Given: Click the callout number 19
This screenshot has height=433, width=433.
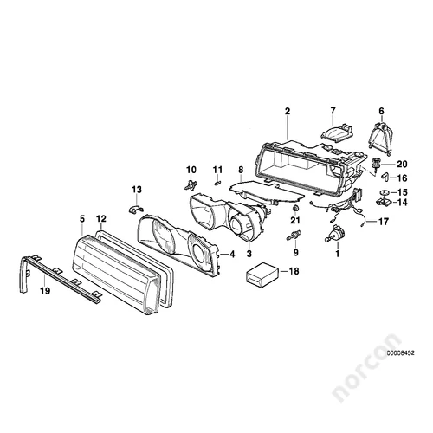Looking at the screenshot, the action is pyautogui.click(x=45, y=291).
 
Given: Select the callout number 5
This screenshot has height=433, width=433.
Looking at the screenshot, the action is pyautogui.click(x=82, y=219).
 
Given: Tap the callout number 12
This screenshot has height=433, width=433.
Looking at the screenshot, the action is pyautogui.click(x=101, y=218).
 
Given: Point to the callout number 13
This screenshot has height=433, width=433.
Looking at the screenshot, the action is pyautogui.click(x=137, y=190).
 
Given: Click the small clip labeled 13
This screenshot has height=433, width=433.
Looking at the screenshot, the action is pyautogui.click(x=135, y=210).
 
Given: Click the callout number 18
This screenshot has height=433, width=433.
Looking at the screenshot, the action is pyautogui.click(x=294, y=271).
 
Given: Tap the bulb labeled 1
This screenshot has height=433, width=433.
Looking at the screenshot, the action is pyautogui.click(x=335, y=233).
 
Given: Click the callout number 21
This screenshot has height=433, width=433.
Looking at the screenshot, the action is pyautogui.click(x=294, y=221).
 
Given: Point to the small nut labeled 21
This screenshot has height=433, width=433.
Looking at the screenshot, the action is pyautogui.click(x=295, y=208).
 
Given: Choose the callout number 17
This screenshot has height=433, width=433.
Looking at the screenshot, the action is pyautogui.click(x=384, y=222).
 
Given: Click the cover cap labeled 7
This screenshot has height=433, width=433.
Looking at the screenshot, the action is pyautogui.click(x=337, y=131).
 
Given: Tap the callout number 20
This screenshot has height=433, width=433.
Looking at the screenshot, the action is pyautogui.click(x=402, y=165).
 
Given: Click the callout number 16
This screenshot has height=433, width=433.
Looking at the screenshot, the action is pyautogui.click(x=402, y=178).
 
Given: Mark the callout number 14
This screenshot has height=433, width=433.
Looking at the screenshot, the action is pyautogui.click(x=402, y=203).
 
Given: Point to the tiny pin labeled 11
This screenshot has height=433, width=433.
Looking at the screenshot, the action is pyautogui.click(x=218, y=183).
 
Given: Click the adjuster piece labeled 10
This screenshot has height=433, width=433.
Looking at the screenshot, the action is pyautogui.click(x=191, y=184).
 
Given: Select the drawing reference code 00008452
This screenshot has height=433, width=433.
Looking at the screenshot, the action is pyautogui.click(x=401, y=352).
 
